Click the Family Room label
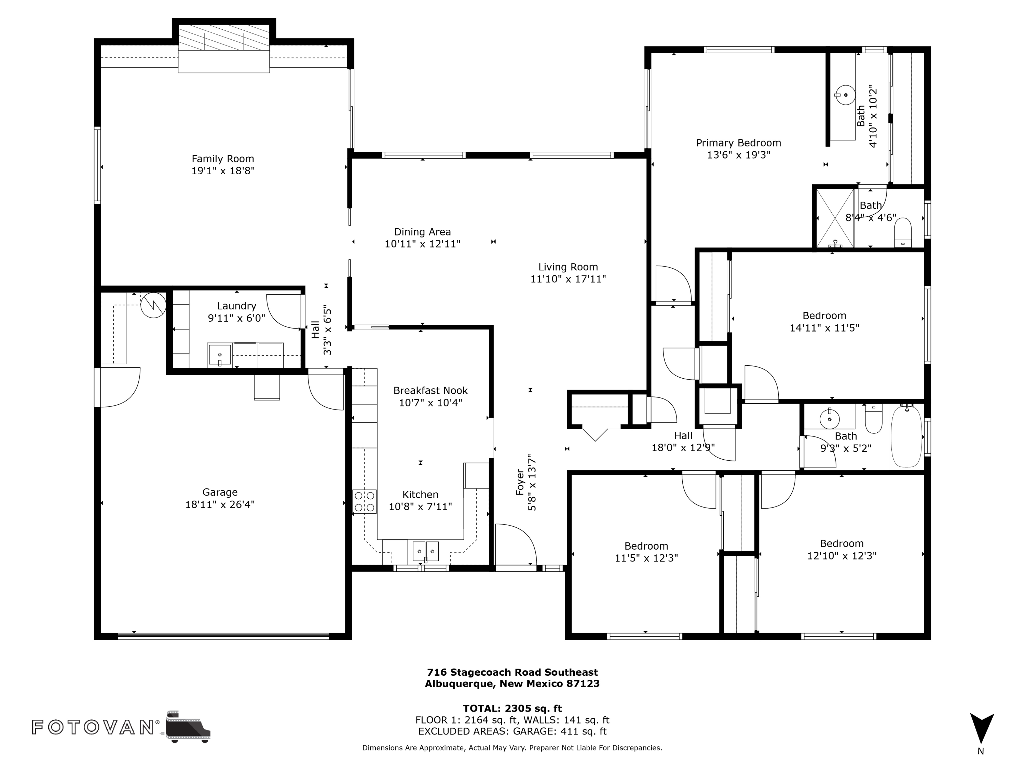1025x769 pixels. [223, 159]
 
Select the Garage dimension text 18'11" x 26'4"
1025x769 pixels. [220, 504]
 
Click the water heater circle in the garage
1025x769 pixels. [153, 305]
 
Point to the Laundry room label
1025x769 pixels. [236, 306]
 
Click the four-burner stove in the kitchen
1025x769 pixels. [365, 501]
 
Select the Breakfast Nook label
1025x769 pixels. [430, 390]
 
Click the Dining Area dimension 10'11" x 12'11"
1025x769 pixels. [423, 244]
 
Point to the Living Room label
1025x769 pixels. [568, 267]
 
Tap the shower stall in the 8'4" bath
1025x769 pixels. [835, 217]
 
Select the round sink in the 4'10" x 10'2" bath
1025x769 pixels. [846, 95]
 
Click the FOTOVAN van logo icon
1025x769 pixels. [188, 726]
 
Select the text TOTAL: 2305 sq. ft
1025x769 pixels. [512, 708]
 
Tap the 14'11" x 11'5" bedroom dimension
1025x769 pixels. [824, 328]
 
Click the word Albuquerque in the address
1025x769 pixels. [459, 684]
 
